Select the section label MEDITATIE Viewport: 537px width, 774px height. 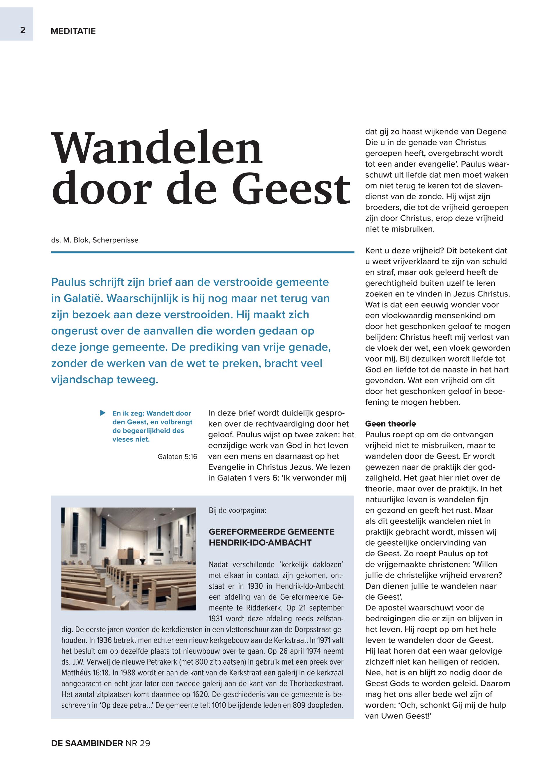coord(73,31)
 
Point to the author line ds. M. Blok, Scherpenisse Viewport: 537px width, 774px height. coord(95,240)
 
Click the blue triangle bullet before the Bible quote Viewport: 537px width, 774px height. coord(103,413)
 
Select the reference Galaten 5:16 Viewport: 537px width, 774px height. coord(177,457)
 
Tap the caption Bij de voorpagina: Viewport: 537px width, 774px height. coord(237,510)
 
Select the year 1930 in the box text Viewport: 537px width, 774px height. coord(255,586)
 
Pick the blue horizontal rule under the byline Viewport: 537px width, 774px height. coord(202,252)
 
